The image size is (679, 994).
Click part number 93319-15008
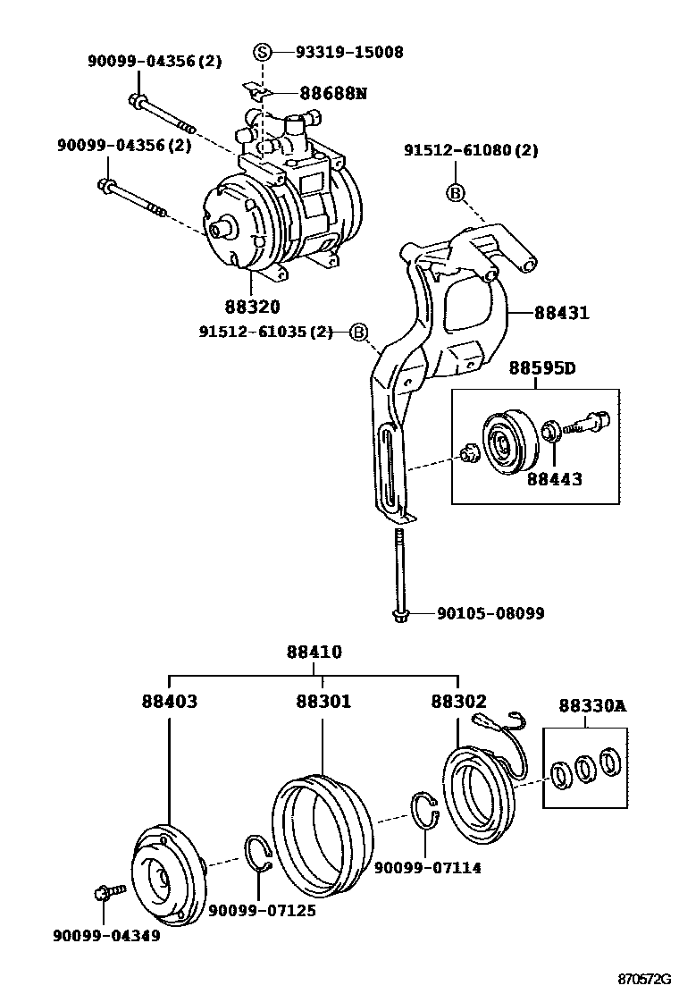pos(349,52)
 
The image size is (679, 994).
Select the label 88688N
pos(333,93)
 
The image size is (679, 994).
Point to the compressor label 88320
pos(252,307)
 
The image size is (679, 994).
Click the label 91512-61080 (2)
pos(483,150)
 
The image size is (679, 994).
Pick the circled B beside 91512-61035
pos(358,333)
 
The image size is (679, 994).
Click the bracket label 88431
pos(562,313)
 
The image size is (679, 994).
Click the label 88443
pos(554,479)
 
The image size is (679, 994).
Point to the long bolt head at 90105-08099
pos(398,615)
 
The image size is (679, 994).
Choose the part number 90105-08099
pos(490,614)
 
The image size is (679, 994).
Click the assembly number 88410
pos(314,653)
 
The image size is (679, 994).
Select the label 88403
pos(169,703)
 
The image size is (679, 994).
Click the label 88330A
pos(592,706)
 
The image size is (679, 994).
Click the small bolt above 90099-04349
pos(103,892)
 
